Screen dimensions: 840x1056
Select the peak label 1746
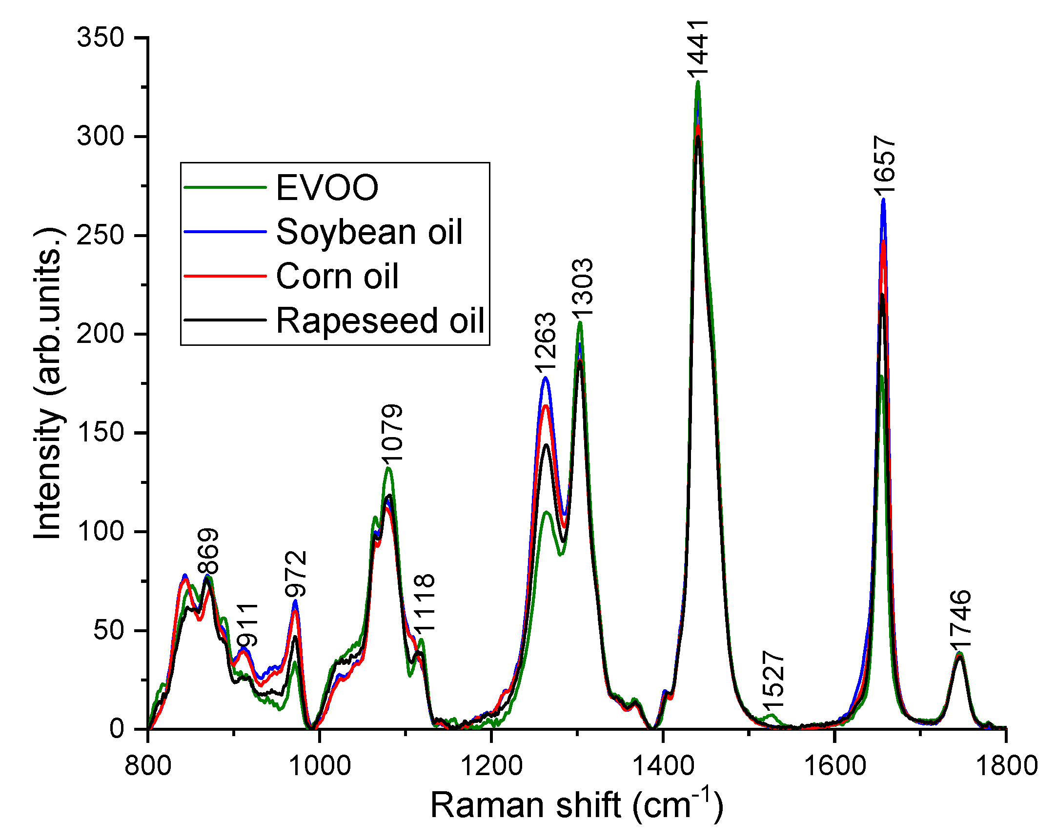pyautogui.click(x=959, y=619)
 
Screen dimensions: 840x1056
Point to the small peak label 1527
pyautogui.click(x=773, y=680)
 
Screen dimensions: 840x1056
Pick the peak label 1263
pyautogui.click(x=545, y=342)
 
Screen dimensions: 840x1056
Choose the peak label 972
pyautogui.click(x=296, y=574)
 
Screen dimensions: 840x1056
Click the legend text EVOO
pyautogui.click(x=327, y=187)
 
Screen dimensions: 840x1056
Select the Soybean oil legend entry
pyautogui.click(x=369, y=232)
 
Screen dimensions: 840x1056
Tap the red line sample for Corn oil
pyautogui.click(x=225, y=276)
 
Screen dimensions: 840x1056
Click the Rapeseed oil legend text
pyautogui.click(x=380, y=320)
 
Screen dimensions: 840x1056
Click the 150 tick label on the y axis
pyautogui.click(x=100, y=433)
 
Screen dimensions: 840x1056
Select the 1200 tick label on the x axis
pyautogui.click(x=491, y=765)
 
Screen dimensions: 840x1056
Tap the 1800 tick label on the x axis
pyautogui.click(x=1006, y=765)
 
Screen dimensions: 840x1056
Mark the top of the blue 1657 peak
pyautogui.click(x=883, y=199)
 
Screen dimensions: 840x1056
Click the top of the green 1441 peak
pyautogui.click(x=698, y=82)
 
